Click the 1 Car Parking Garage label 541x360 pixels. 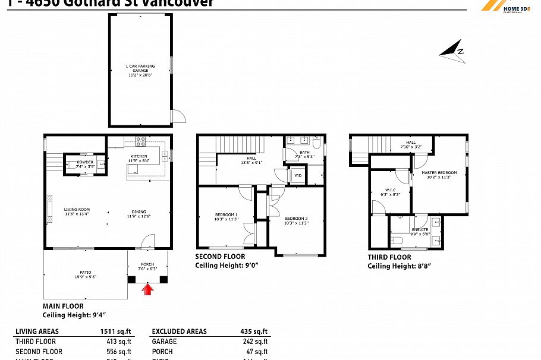[140, 70]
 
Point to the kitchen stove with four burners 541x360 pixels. [141, 141]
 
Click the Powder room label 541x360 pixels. [84, 165]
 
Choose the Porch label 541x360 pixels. [147, 266]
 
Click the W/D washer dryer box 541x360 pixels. [297, 176]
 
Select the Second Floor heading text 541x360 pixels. [220, 257]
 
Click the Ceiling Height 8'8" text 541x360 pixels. [399, 266]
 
